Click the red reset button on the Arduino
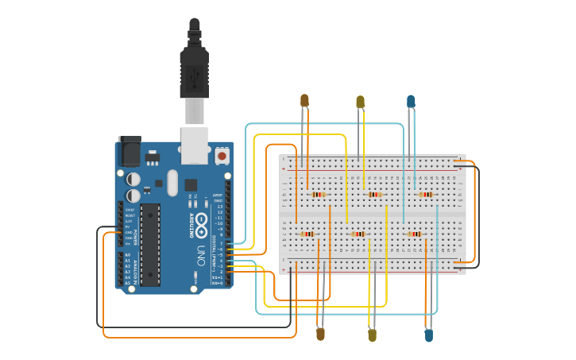click(222, 157)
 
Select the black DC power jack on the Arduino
click(129, 151)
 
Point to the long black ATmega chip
click(150, 243)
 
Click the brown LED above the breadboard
click(304, 100)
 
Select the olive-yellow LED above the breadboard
click(360, 102)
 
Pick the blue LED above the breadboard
click(411, 101)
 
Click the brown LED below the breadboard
click(320, 334)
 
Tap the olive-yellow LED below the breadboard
click(372, 335)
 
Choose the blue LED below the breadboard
click(428, 335)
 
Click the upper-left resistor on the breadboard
click(319, 194)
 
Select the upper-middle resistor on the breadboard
click(374, 194)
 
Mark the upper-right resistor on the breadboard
click(426, 194)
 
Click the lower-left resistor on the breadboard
click(307, 234)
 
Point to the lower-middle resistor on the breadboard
click(359, 234)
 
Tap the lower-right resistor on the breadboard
click(414, 234)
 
